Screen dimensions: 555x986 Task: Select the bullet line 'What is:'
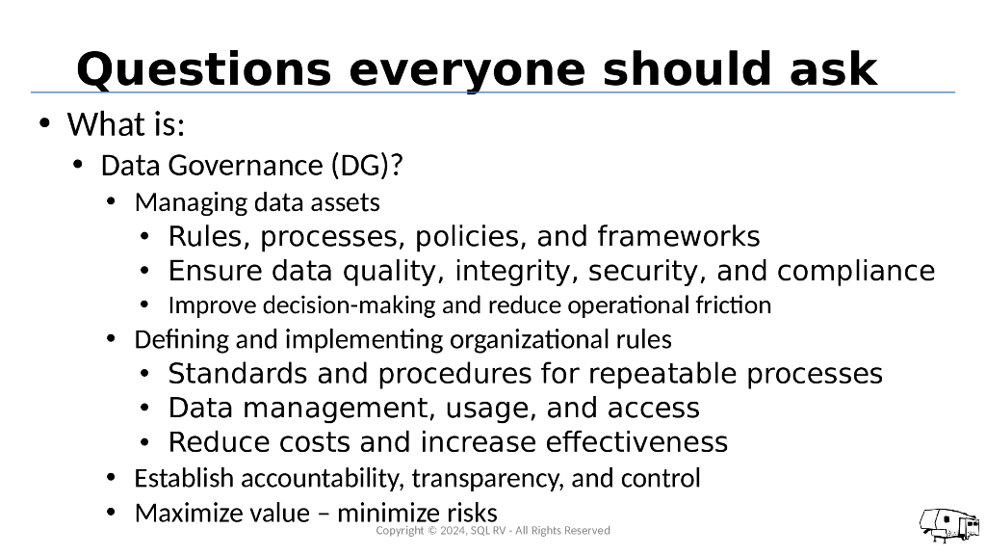point(125,125)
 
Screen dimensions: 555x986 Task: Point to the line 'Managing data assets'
point(257,203)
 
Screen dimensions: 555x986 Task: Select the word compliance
point(856,272)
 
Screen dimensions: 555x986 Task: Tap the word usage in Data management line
point(491,409)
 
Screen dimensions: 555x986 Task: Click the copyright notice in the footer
point(492,531)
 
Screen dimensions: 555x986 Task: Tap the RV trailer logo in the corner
point(948,525)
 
